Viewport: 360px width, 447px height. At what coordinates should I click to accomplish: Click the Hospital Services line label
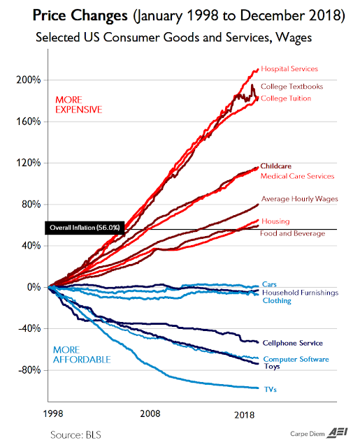[289, 69]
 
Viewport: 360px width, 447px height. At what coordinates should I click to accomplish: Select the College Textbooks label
[291, 87]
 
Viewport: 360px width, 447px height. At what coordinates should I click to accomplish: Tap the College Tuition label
[286, 98]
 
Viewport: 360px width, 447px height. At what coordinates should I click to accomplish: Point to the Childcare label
[276, 166]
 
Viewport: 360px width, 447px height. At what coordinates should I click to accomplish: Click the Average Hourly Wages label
[299, 199]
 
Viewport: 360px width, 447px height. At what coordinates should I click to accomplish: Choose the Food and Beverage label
[292, 233]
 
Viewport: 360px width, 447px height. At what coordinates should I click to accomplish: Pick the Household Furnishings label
[300, 293]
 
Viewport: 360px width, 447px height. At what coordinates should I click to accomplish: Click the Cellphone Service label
[293, 343]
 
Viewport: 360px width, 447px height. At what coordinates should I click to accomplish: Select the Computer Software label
[296, 359]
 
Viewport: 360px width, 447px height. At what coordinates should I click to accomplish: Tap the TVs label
[270, 390]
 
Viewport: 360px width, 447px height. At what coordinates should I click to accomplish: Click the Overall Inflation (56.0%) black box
[85, 228]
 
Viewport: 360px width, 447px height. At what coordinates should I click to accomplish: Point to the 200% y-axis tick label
[29, 80]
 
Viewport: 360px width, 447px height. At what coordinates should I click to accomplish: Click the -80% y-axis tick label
[29, 370]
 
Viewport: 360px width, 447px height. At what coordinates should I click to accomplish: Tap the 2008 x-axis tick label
[150, 413]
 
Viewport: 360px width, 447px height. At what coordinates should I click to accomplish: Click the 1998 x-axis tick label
[53, 413]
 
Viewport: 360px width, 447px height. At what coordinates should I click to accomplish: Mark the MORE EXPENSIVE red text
[79, 105]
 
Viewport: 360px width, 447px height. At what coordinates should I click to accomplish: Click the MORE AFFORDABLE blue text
[82, 355]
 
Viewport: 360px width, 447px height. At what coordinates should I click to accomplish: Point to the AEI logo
[337, 433]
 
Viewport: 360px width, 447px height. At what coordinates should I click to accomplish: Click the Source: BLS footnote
[75, 435]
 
